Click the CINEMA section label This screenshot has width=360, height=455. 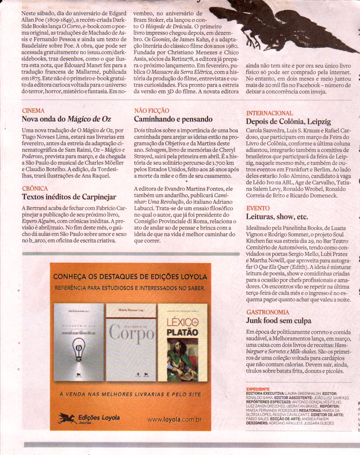pyautogui.click(x=33, y=110)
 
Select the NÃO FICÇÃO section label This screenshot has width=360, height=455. pyautogui.click(x=152, y=110)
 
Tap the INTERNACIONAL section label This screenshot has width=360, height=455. pyautogui.click(x=269, y=113)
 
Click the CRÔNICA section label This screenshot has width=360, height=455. pyautogui.click(x=35, y=189)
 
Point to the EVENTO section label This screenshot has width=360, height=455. pyautogui.click(x=258, y=208)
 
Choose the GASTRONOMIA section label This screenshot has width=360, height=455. pyautogui.click(x=268, y=312)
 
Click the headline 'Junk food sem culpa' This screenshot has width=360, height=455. pyautogui.click(x=279, y=321)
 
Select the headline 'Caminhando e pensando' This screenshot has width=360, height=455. pyautogui.click(x=173, y=119)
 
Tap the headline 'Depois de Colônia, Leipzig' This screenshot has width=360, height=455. pyautogui.click(x=288, y=122)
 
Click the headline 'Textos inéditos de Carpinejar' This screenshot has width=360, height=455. pyautogui.click(x=69, y=197)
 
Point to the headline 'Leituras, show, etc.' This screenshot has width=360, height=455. pyautogui.click(x=277, y=217)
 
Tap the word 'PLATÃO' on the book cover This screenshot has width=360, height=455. pyautogui.click(x=182, y=332)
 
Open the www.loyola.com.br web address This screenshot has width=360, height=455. pyautogui.click(x=173, y=419)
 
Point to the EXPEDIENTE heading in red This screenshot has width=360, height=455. pyautogui.click(x=258, y=389)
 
